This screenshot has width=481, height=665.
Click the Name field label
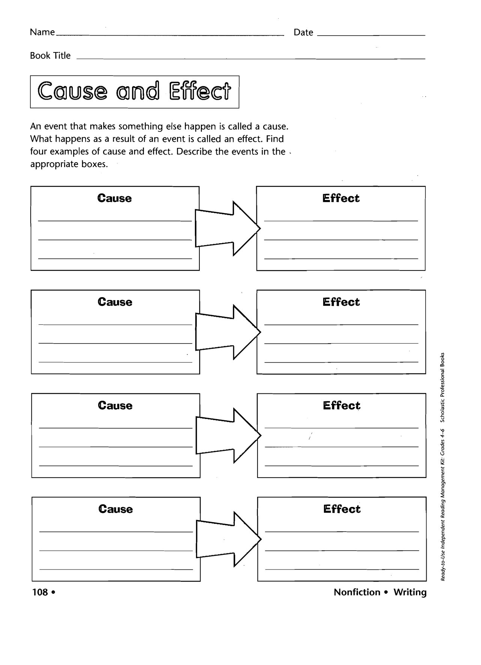pyautogui.click(x=42, y=32)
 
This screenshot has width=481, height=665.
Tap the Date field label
pyautogui.click(x=303, y=33)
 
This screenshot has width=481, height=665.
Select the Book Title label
pyautogui.click(x=50, y=55)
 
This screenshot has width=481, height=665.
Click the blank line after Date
pyautogui.click(x=371, y=36)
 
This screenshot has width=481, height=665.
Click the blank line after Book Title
pyautogui.click(x=251, y=59)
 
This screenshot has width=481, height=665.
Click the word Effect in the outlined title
pyautogui.click(x=200, y=91)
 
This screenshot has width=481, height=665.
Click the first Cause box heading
pyautogui.click(x=115, y=198)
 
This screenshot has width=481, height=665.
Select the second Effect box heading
pyautogui.click(x=341, y=302)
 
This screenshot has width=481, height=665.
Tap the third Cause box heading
pyautogui.click(x=115, y=405)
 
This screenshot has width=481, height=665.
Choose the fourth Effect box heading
pyautogui.click(x=342, y=509)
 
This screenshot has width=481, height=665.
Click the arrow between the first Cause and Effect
pyautogui.click(x=228, y=228)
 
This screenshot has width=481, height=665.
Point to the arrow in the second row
pyautogui.click(x=228, y=332)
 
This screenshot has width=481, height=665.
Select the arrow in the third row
pyautogui.click(x=228, y=435)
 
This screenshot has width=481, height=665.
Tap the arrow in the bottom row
pyautogui.click(x=229, y=539)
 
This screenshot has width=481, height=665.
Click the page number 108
pyautogui.click(x=40, y=592)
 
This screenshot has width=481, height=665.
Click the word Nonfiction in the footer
pyautogui.click(x=357, y=592)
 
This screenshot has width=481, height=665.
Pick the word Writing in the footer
pyautogui.click(x=410, y=592)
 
